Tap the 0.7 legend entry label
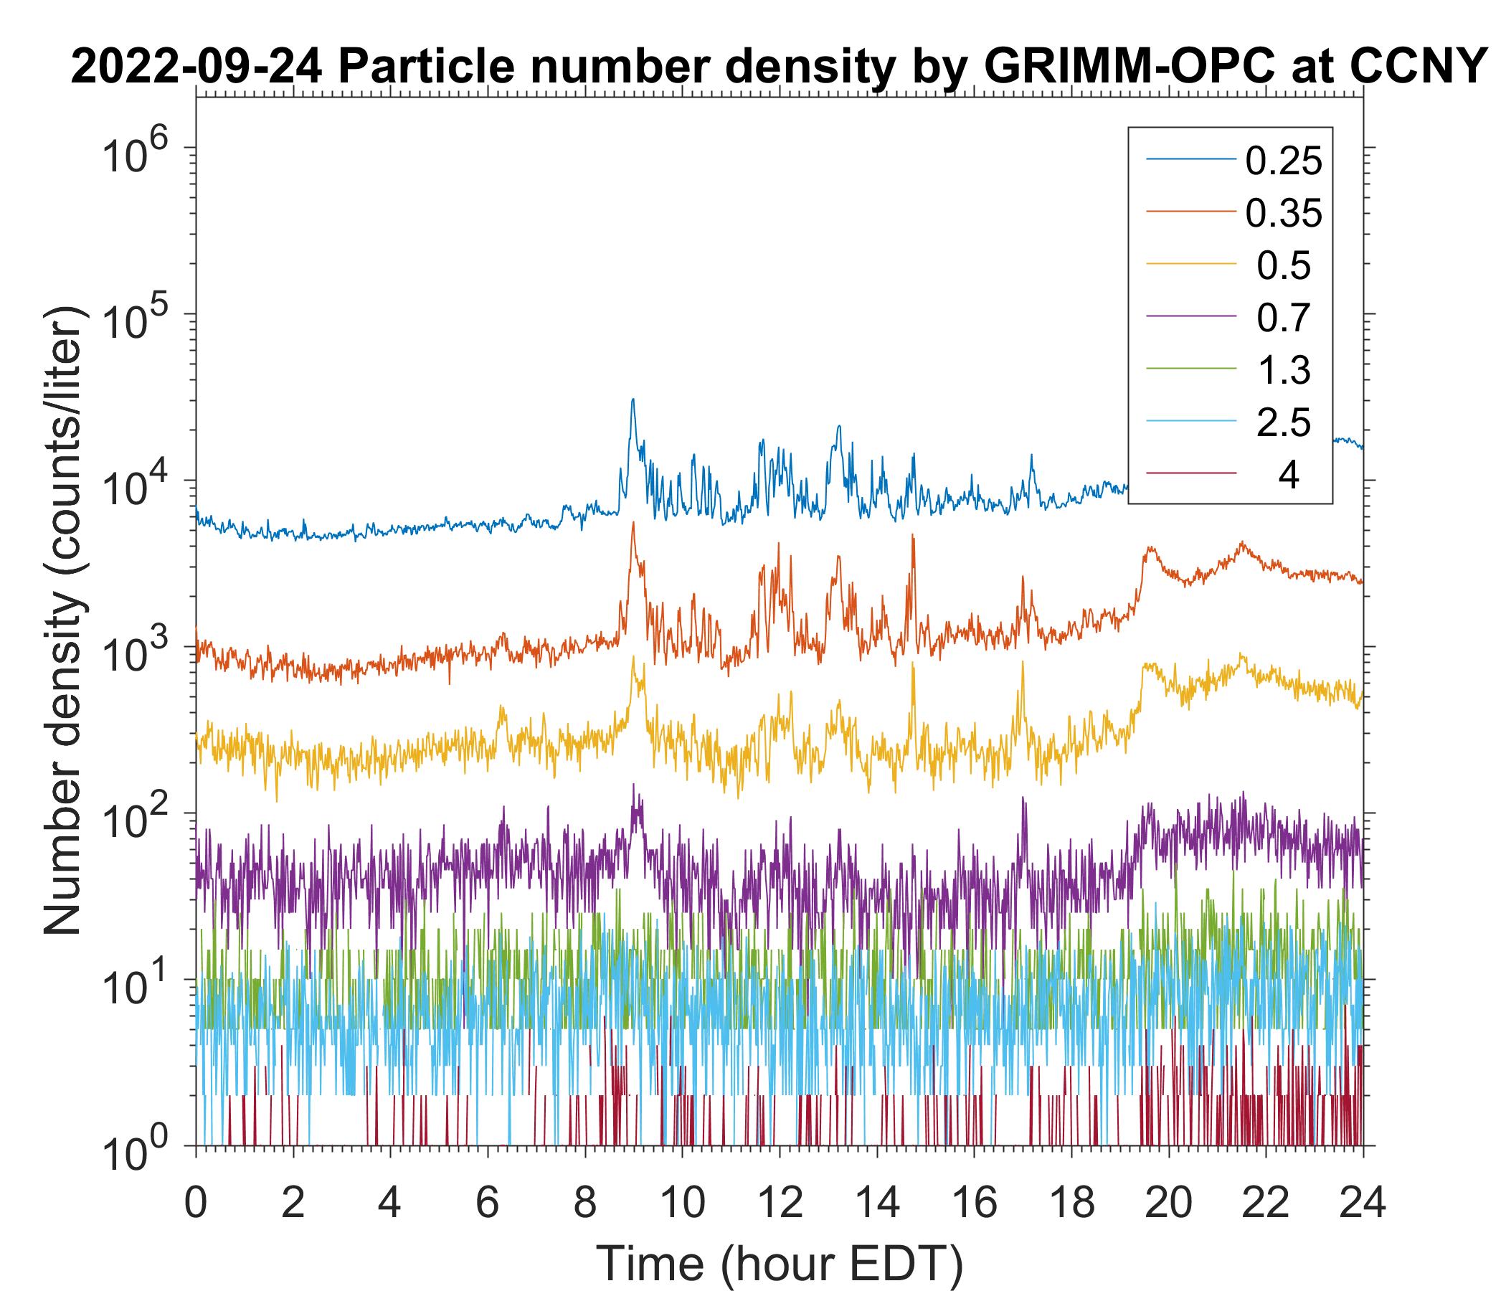(x=1283, y=318)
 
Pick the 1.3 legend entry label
(x=1283, y=370)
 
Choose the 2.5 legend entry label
(x=1283, y=422)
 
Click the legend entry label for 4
(x=1288, y=476)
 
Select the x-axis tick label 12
(x=779, y=1203)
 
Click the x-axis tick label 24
(x=1361, y=1203)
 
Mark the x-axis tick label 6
(x=488, y=1203)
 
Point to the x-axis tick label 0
(x=196, y=1203)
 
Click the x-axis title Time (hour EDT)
(x=779, y=1262)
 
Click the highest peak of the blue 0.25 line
(x=633, y=399)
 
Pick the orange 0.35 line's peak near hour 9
(x=633, y=524)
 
